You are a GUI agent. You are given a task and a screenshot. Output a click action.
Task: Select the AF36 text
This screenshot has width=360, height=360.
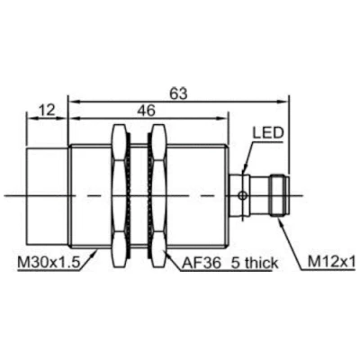[x=200, y=263]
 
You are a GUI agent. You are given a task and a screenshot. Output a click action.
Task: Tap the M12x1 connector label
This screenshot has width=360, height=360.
[x=332, y=263]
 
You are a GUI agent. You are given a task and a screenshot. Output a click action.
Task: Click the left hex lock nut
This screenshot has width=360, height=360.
[x=118, y=193]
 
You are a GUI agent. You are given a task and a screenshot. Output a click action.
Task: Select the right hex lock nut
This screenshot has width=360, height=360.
[x=157, y=193]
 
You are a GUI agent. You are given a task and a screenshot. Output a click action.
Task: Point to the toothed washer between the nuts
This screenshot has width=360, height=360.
[x=138, y=193]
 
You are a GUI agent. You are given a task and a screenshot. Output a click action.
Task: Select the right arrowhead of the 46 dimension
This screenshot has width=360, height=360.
[x=219, y=120]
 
